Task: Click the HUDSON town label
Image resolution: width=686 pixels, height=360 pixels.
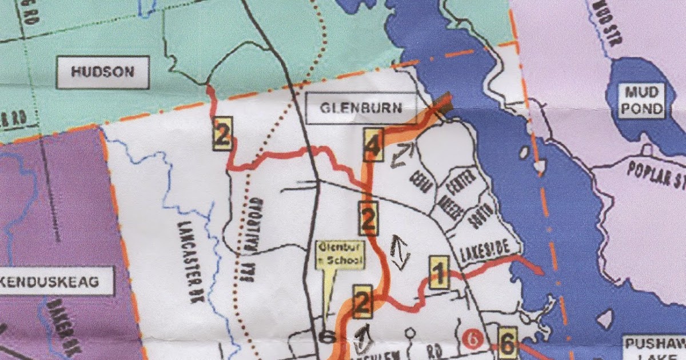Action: click(103, 72)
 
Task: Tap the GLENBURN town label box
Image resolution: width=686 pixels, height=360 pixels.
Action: click(361, 108)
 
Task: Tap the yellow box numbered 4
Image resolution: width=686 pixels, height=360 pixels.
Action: click(373, 145)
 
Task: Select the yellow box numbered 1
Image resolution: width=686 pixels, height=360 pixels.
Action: click(439, 273)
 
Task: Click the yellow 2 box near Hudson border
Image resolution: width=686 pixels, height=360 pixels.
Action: click(222, 134)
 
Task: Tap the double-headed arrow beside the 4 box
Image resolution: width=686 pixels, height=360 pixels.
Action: click(402, 155)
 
